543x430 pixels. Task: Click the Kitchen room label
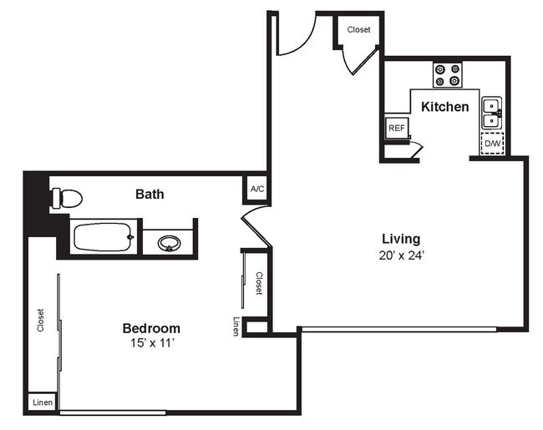[x=444, y=107]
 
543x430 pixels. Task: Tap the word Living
[x=401, y=238]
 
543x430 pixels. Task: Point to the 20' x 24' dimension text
[x=401, y=255]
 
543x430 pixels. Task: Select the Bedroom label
[x=151, y=328]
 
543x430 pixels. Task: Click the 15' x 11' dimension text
[x=151, y=343]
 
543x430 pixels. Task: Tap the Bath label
[x=150, y=195]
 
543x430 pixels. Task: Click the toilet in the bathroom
[x=66, y=199]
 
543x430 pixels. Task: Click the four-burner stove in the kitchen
[x=448, y=75]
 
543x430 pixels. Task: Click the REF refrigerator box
[x=396, y=129]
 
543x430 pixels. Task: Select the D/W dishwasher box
[x=494, y=144]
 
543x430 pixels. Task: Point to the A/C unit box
[x=257, y=190]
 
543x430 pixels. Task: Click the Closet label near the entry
[x=359, y=30]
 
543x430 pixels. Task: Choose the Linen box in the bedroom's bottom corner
[x=43, y=402]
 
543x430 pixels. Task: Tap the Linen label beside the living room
[x=236, y=327]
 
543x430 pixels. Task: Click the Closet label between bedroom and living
[x=259, y=283]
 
